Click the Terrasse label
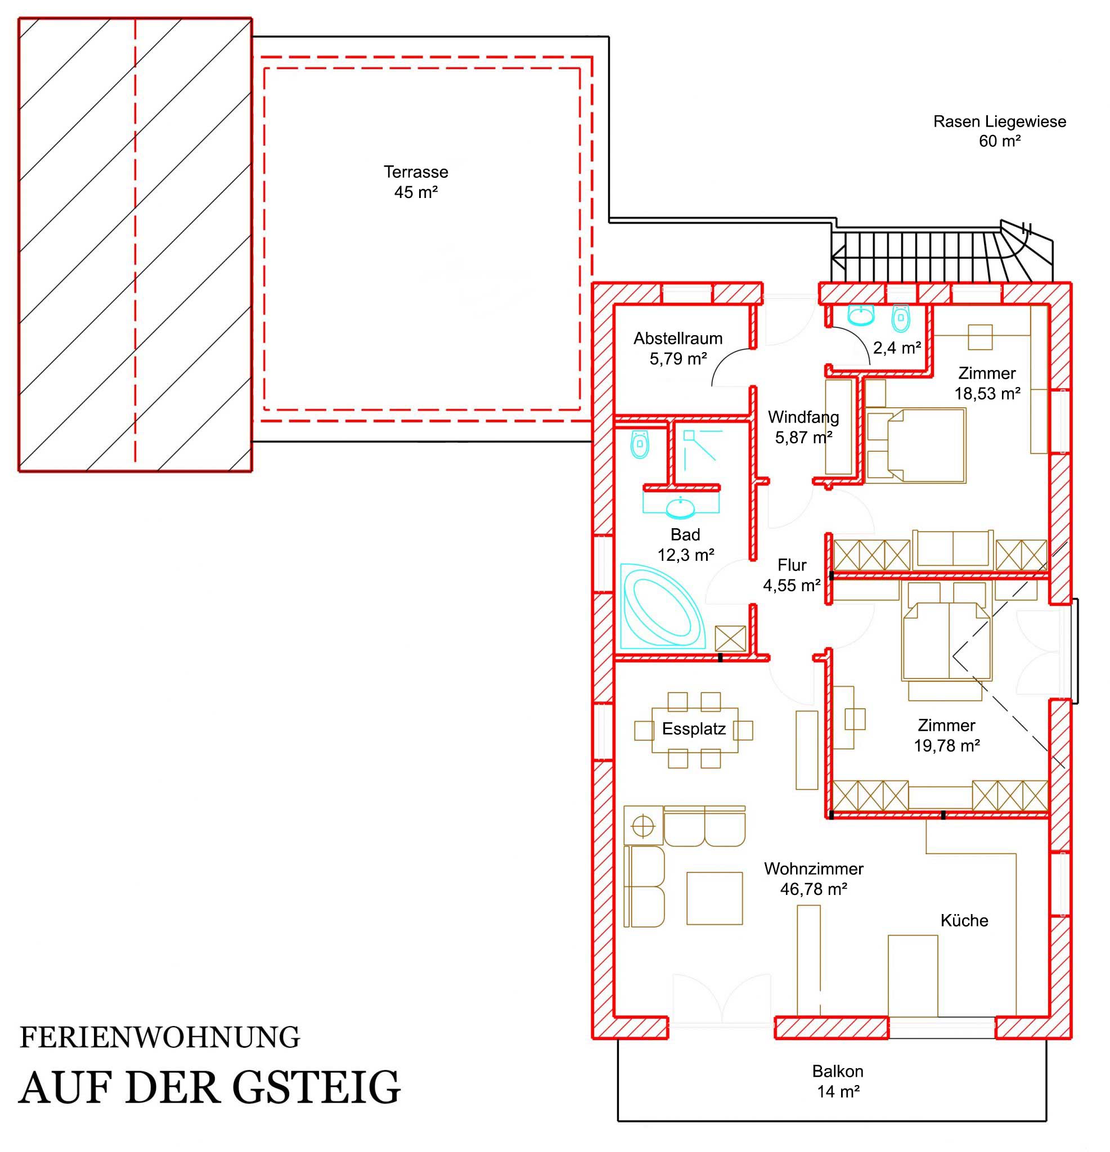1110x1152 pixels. [416, 172]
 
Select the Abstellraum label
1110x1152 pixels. [678, 339]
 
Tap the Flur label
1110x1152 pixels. [792, 565]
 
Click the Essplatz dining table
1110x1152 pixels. [694, 730]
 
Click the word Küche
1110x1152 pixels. [964, 920]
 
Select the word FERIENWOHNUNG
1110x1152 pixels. [160, 1038]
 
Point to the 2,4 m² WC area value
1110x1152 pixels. [897, 348]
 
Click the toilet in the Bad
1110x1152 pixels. [640, 444]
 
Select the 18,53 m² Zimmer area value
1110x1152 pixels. [987, 394]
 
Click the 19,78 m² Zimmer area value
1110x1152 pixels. [946, 745]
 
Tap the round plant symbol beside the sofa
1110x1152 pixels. [644, 827]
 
